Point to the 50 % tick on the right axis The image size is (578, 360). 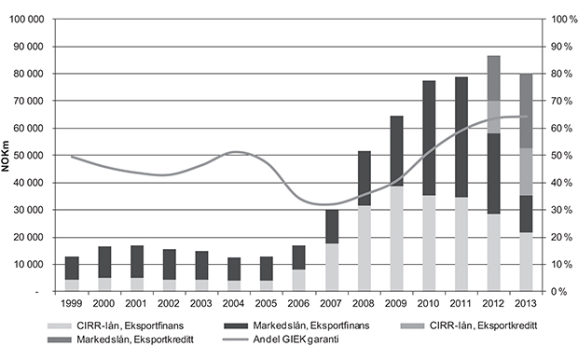(560, 156)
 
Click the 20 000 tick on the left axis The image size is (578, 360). (33, 237)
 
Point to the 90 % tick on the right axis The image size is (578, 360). (560, 47)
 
